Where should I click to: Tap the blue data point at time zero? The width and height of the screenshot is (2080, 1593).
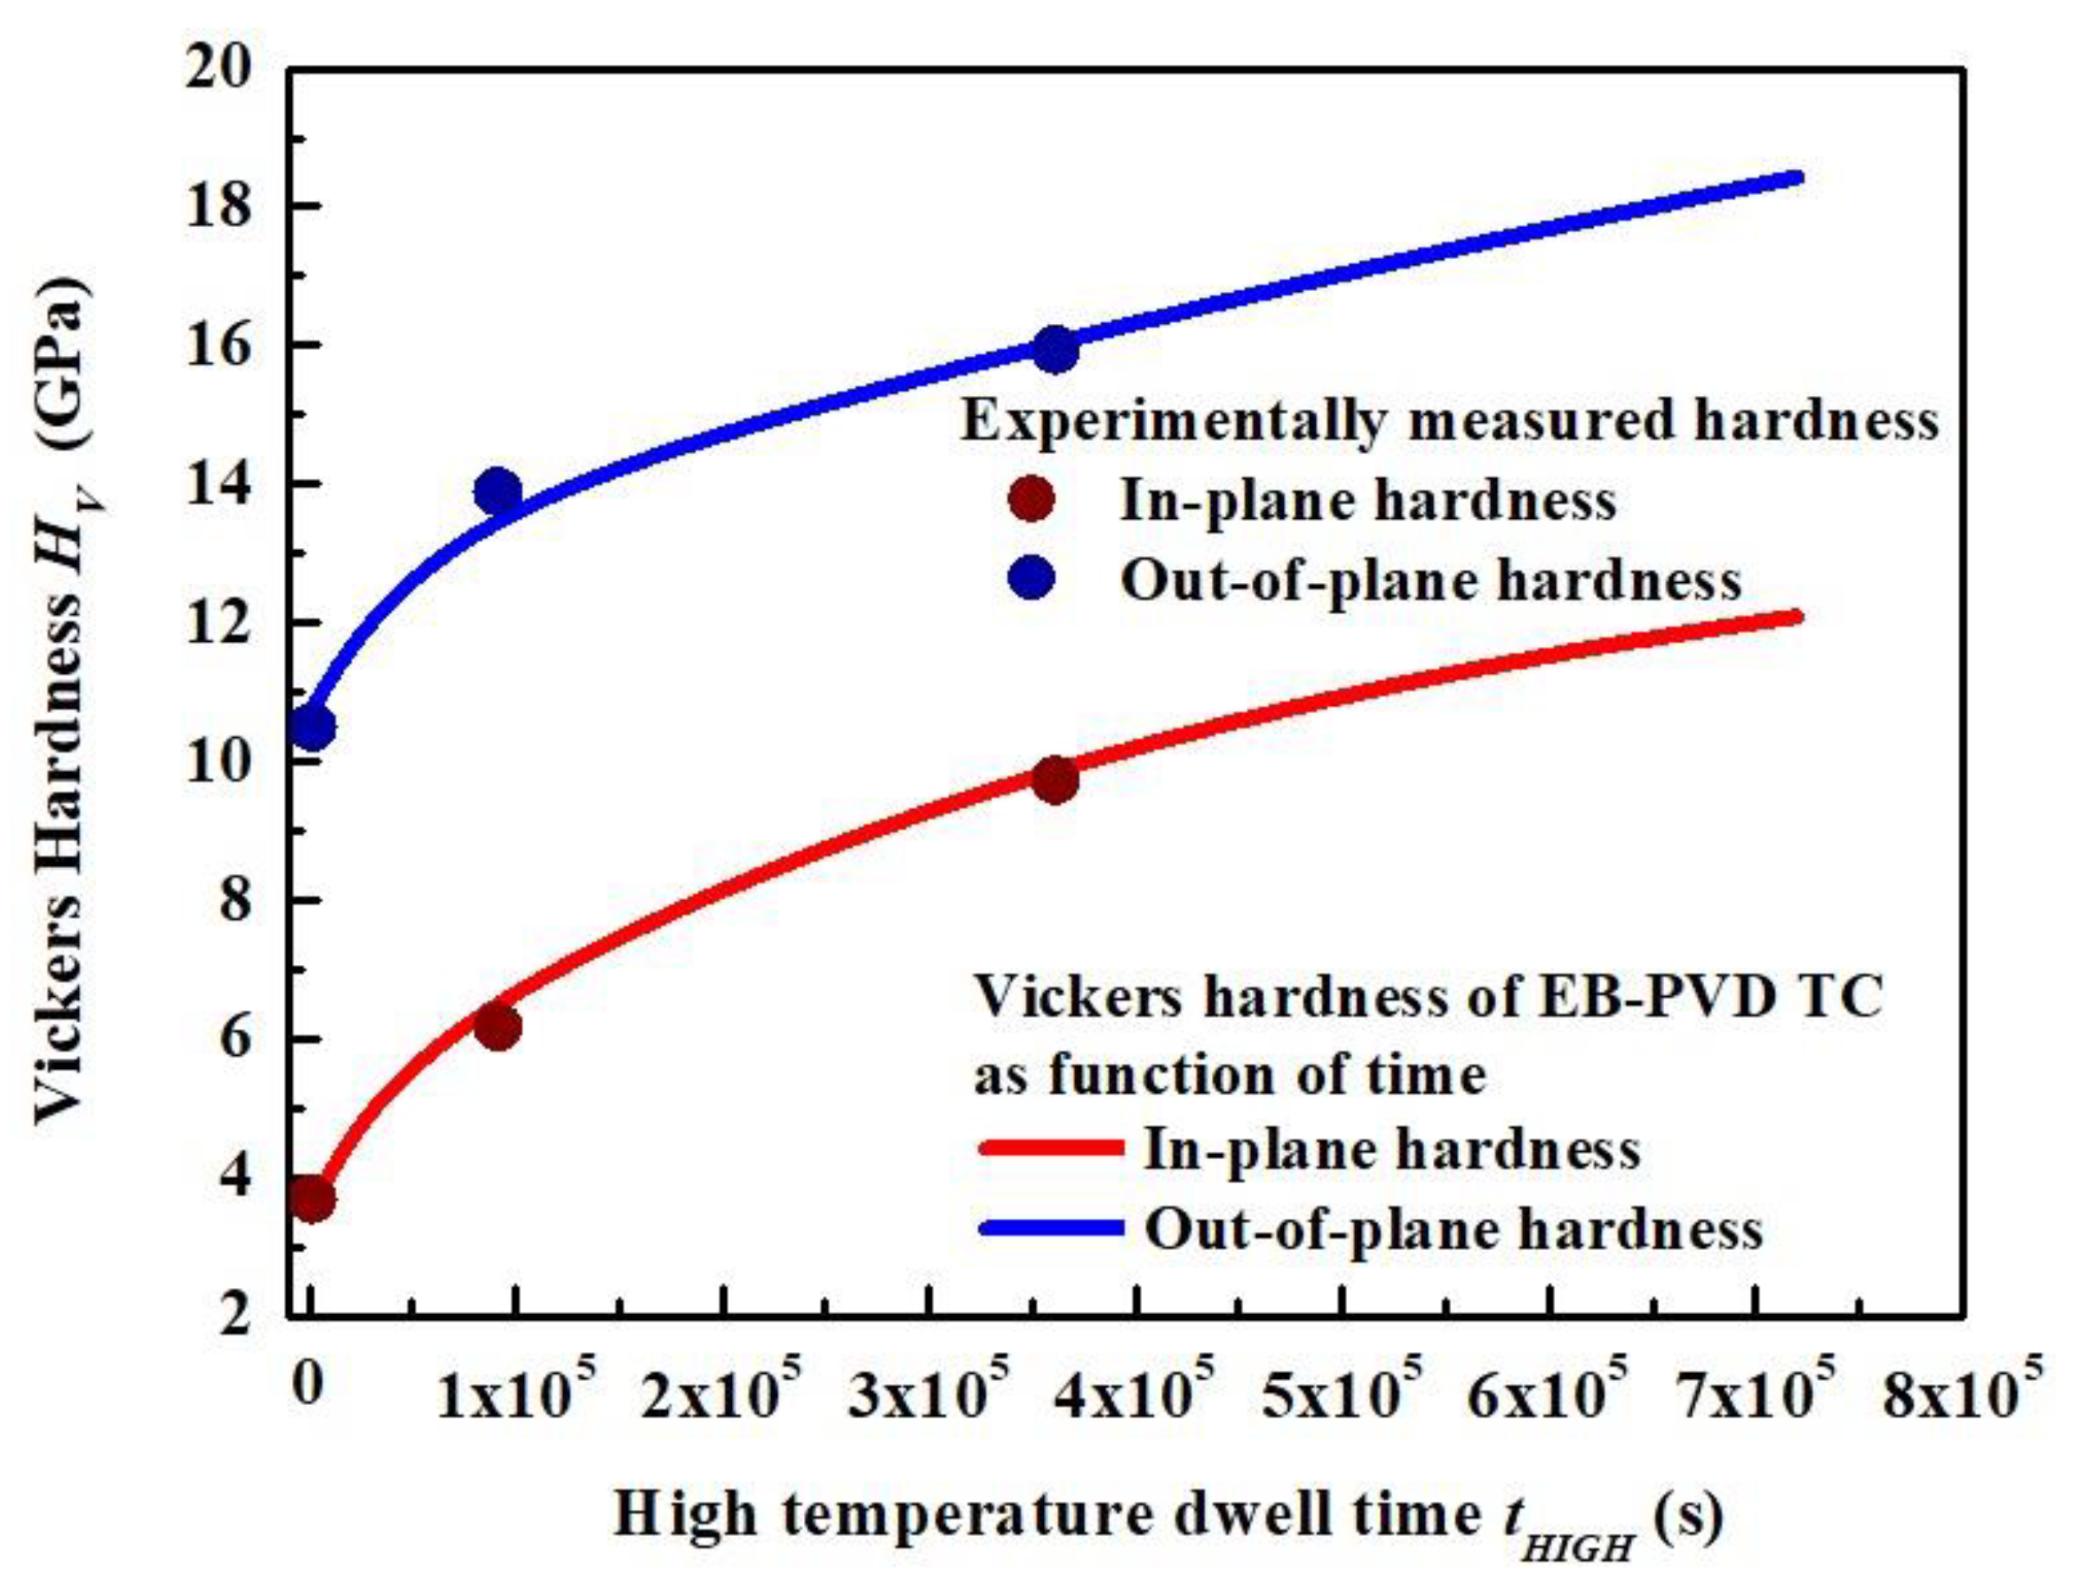click(x=312, y=729)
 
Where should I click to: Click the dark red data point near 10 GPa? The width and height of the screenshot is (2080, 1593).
click(x=1054, y=780)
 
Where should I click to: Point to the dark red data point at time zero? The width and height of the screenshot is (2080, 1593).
click(x=312, y=1201)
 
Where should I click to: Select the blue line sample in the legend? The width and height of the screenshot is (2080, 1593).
click(x=1051, y=1229)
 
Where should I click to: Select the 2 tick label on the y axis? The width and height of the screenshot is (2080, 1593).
click(x=237, y=1317)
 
